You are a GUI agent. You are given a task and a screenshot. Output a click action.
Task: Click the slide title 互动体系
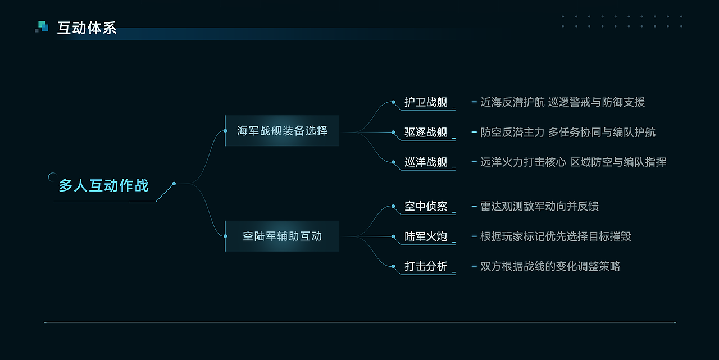click(87, 28)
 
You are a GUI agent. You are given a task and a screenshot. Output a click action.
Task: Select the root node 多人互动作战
click(104, 185)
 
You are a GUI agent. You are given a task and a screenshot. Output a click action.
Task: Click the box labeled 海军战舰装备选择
click(282, 131)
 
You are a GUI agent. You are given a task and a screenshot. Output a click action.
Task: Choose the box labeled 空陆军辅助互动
click(282, 236)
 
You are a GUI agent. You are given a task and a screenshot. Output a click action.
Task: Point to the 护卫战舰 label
click(426, 102)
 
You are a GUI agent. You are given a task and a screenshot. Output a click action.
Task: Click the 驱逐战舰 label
click(426, 133)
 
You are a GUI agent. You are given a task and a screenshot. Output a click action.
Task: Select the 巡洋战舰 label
click(426, 162)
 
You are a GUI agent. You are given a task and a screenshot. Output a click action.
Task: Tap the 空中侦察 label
click(426, 207)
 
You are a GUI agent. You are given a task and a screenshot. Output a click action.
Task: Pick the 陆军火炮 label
click(426, 236)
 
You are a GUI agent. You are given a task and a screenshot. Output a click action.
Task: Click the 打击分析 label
click(426, 266)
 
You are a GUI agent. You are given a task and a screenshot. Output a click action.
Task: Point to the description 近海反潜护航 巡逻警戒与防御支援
click(562, 102)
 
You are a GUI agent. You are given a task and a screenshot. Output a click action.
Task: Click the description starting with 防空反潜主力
click(567, 133)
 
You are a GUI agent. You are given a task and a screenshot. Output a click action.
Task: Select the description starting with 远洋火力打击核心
click(573, 162)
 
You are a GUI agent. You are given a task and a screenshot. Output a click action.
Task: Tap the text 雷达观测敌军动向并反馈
click(539, 207)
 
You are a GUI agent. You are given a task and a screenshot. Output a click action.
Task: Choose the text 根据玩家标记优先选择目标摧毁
click(556, 236)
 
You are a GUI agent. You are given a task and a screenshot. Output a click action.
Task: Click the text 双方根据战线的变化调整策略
click(550, 266)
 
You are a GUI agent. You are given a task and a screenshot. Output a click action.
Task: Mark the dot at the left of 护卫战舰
click(393, 102)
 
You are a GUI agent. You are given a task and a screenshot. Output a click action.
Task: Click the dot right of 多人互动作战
click(174, 184)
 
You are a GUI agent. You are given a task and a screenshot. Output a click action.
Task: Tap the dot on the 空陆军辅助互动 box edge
click(225, 236)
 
